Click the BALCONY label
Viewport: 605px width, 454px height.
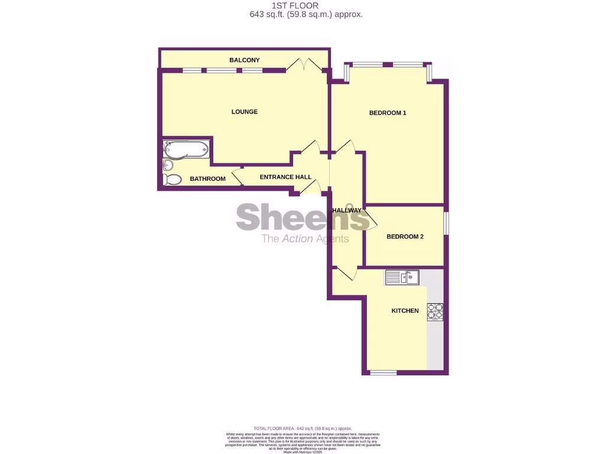tap(245, 60)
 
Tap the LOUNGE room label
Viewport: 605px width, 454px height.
tap(245, 112)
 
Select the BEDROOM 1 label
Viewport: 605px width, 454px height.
tap(388, 113)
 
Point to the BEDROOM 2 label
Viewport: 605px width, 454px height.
tap(405, 236)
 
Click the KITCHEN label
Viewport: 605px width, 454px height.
tap(405, 310)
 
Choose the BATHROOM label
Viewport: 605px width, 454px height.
tap(207, 179)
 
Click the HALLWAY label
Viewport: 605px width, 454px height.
tap(346, 210)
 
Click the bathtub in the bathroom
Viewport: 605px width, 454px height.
tap(186, 149)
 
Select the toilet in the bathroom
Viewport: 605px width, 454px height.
tap(173, 179)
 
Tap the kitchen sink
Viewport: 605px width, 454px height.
tap(402, 276)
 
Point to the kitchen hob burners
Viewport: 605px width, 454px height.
tap(435, 312)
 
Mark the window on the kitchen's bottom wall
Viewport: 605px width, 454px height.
tap(383, 372)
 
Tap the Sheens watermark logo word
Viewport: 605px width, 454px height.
tap(302, 217)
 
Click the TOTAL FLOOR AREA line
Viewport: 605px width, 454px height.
tap(302, 428)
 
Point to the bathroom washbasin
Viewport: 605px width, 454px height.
tap(167, 165)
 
